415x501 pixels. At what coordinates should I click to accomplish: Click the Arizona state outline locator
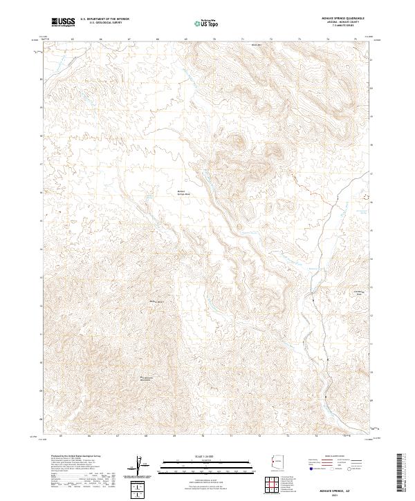click(x=276, y=460)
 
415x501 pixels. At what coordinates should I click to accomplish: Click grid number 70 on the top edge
click(x=214, y=39)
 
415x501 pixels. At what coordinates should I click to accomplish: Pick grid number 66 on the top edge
click(x=101, y=39)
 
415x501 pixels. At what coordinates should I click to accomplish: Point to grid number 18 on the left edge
click(x=41, y=137)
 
